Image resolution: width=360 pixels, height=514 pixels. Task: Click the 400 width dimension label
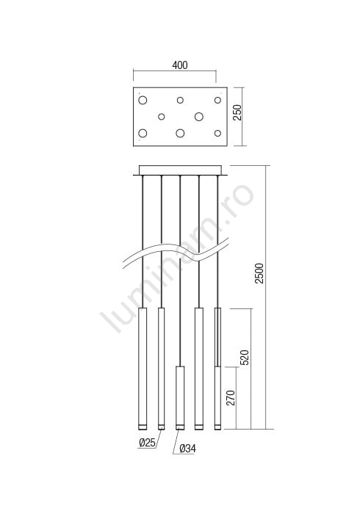tap(180, 65)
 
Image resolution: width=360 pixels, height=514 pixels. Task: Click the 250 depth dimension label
tap(237, 112)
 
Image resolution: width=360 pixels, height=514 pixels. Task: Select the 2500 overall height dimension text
tap(259, 273)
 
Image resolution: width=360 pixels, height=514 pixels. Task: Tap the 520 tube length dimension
tap(245, 358)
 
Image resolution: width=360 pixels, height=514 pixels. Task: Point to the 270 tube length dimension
tap(231, 398)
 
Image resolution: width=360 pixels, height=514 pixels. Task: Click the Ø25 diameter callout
tap(147, 443)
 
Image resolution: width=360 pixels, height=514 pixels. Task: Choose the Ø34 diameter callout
tap(187, 449)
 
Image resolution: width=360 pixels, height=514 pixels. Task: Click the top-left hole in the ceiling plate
tap(143, 100)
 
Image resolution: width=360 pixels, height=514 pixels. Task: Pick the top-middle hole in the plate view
tap(180, 100)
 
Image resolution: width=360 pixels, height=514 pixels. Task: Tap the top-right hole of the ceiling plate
tap(217, 100)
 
